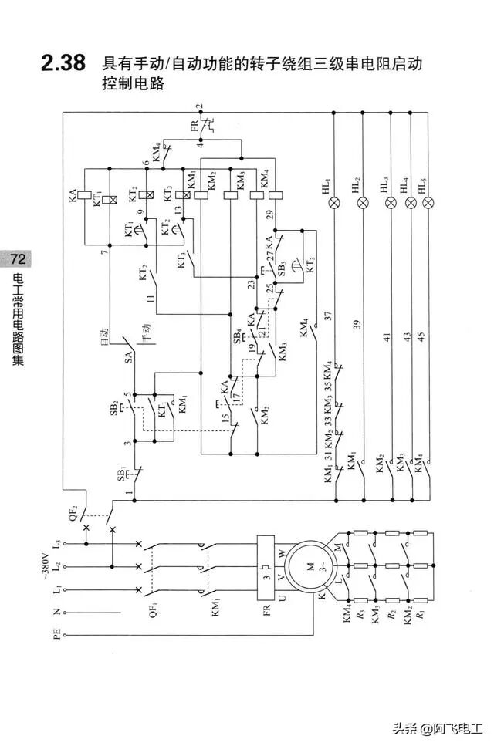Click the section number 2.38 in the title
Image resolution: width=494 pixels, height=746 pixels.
tap(63, 65)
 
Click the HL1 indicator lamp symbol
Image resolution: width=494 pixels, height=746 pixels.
tap(334, 203)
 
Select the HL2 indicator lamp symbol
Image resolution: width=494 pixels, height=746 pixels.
tap(364, 203)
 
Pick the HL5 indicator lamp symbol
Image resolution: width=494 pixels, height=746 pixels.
tap(428, 203)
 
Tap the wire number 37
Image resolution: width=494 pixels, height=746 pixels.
tap(328, 316)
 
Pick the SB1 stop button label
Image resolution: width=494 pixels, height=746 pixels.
tap(122, 473)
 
